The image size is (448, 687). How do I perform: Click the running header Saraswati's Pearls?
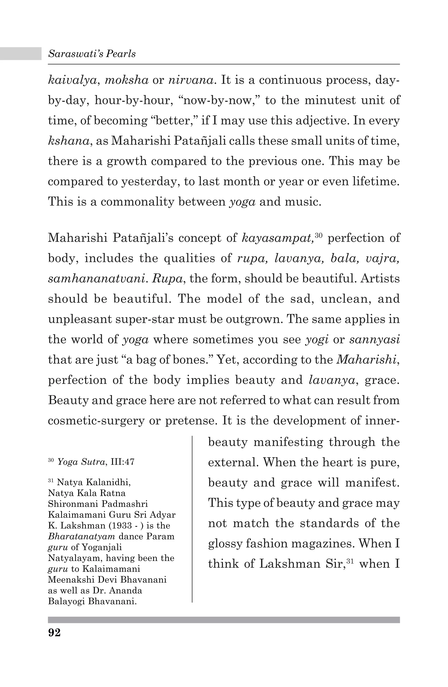click(92, 54)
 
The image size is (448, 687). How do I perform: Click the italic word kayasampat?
click(277, 238)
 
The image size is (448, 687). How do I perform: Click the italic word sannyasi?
click(374, 339)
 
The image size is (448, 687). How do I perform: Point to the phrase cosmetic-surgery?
click(96, 421)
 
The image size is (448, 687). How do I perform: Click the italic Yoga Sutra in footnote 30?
click(81, 462)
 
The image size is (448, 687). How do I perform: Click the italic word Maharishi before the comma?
click(366, 360)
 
